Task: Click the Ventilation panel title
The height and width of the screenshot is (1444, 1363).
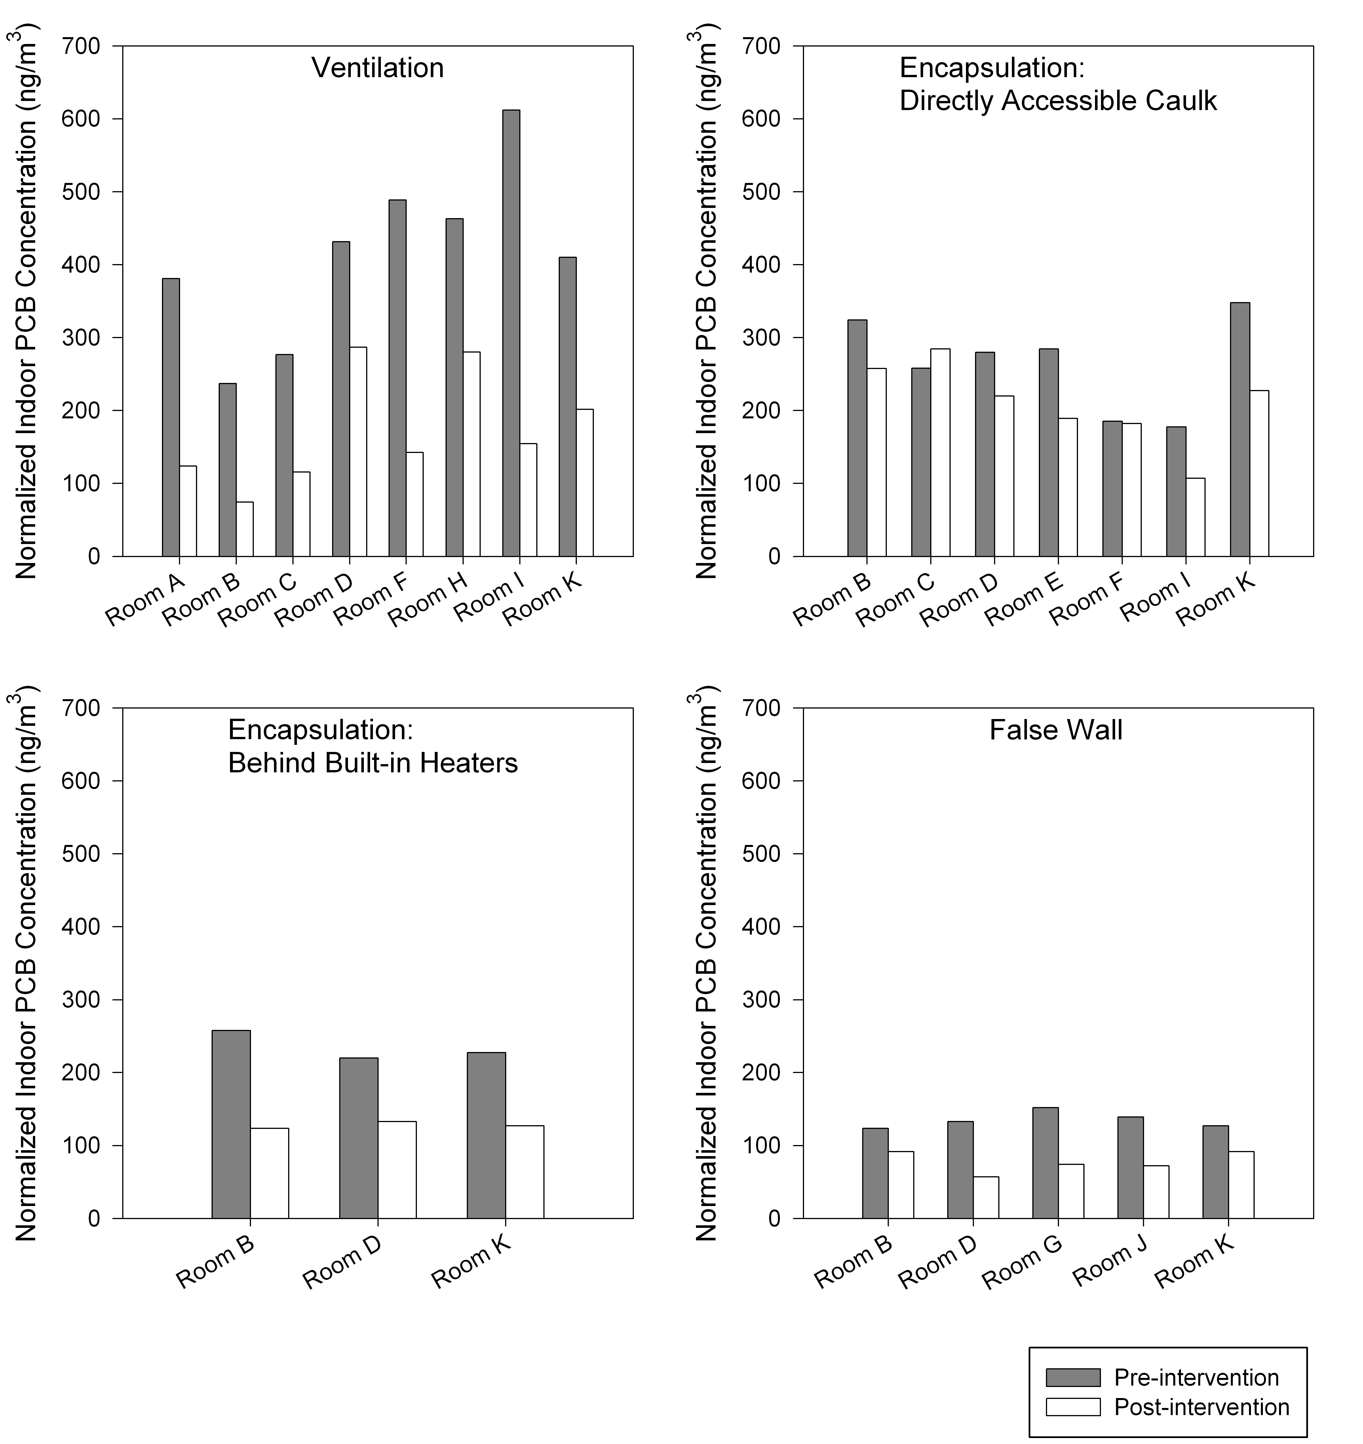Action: [x=378, y=68]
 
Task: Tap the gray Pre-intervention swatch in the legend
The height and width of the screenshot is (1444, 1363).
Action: [x=1074, y=1378]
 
